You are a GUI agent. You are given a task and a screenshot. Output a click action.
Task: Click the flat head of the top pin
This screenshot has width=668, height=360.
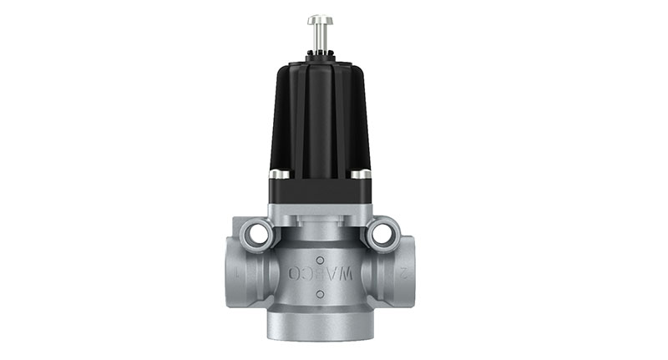coord(320,19)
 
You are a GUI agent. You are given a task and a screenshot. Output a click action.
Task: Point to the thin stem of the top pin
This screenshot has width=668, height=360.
coord(320,37)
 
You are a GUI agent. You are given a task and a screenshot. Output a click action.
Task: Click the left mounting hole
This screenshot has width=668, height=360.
coord(258,235)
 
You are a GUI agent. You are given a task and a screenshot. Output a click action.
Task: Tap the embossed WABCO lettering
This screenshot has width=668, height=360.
coord(321,273)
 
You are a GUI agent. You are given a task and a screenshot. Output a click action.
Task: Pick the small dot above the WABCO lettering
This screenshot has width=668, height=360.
coord(320,260)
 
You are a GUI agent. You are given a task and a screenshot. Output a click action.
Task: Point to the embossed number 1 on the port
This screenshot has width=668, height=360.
coord(238,272)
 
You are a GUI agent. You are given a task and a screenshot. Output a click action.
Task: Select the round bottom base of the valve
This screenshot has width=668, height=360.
coord(320,325)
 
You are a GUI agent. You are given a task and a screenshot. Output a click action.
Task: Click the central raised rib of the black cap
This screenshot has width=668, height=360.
coord(320,117)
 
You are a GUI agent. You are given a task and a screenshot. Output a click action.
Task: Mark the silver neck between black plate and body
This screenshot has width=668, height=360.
coord(320,219)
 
